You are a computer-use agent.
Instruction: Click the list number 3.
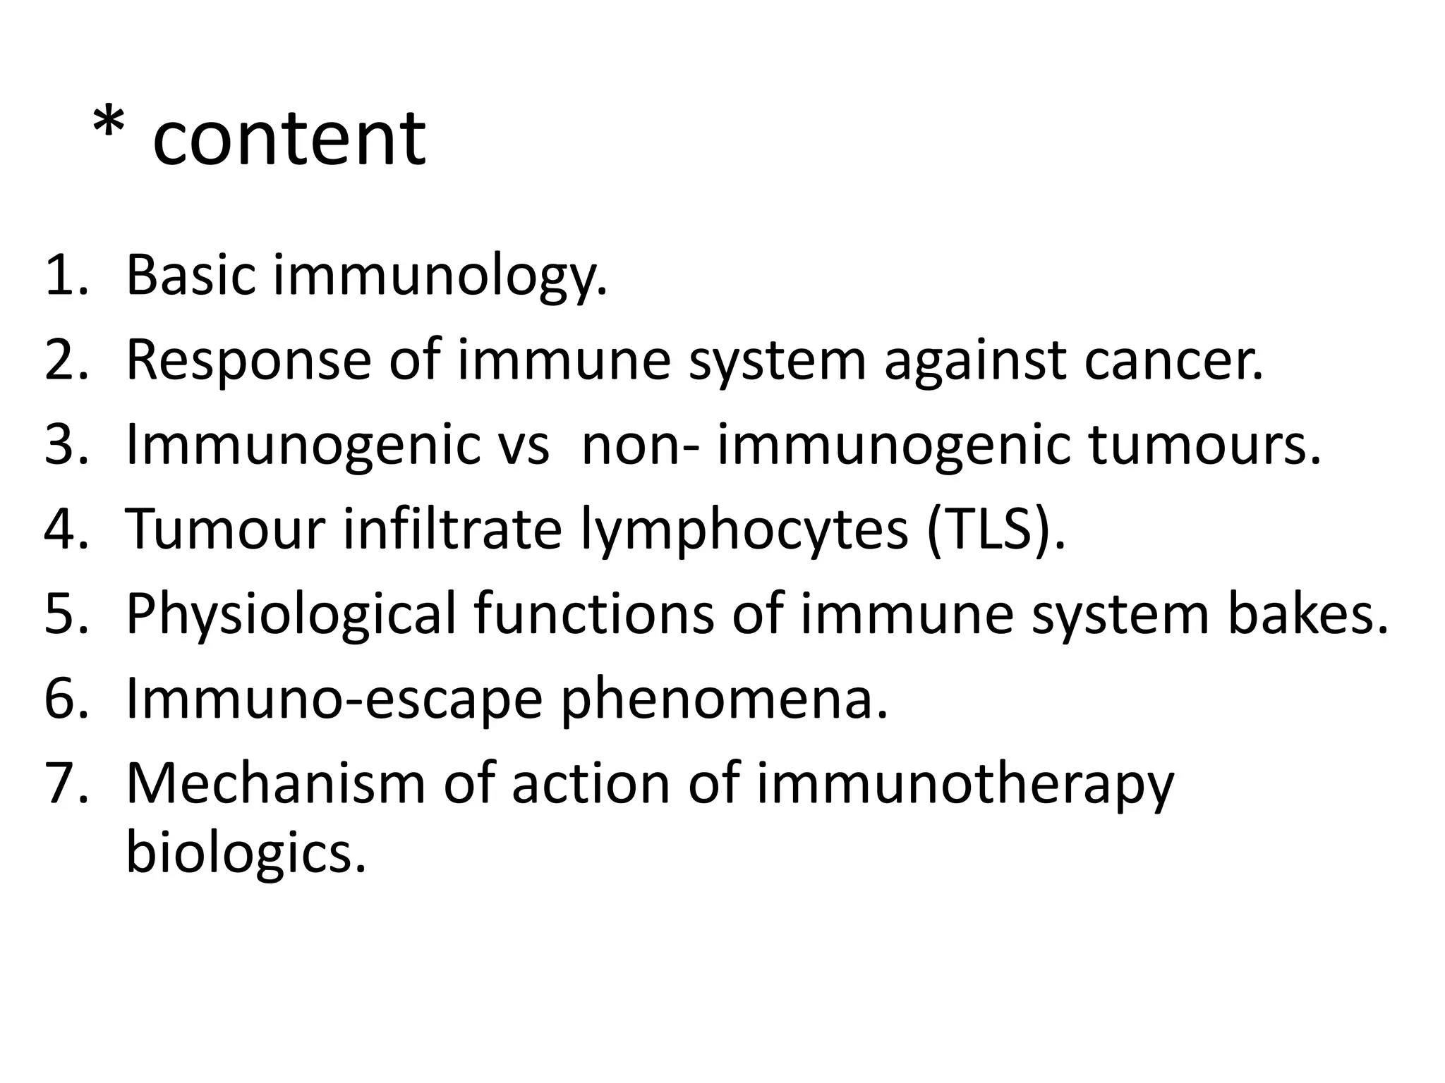point(66,446)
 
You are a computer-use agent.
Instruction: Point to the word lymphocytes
point(744,530)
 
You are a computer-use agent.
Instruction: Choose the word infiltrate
point(452,530)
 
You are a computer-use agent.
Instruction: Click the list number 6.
point(66,699)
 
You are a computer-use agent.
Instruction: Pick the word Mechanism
point(276,784)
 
